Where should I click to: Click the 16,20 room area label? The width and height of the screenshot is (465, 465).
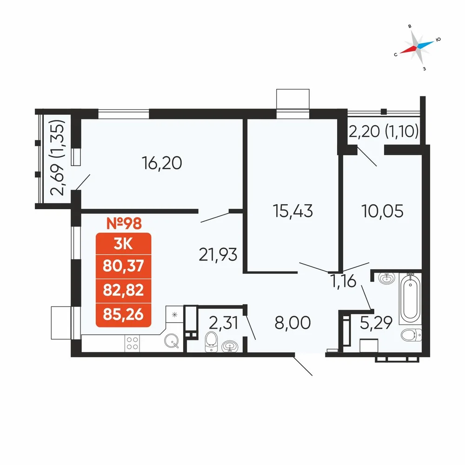pyautogui.click(x=162, y=163)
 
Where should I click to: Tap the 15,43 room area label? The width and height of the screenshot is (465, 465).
pyautogui.click(x=292, y=211)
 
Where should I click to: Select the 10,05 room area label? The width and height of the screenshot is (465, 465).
pyautogui.click(x=382, y=211)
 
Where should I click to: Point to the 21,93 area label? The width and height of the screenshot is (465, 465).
pyautogui.click(x=218, y=255)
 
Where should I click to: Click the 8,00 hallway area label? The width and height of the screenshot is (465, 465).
pyautogui.click(x=292, y=323)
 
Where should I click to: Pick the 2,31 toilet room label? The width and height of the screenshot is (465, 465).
pyautogui.click(x=223, y=323)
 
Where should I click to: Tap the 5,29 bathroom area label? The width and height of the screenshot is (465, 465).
pyautogui.click(x=376, y=323)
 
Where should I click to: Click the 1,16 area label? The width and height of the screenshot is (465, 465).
pyautogui.click(x=344, y=281)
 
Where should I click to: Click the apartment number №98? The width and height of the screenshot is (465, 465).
pyautogui.click(x=124, y=223)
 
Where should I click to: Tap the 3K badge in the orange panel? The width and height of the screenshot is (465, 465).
pyautogui.click(x=123, y=245)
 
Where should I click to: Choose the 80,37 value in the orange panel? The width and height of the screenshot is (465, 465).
pyautogui.click(x=123, y=266)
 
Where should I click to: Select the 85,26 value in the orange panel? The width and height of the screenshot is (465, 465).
pyautogui.click(x=123, y=314)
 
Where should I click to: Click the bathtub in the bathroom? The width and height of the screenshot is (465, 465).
pyautogui.click(x=410, y=299)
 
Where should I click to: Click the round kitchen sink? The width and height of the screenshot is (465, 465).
pyautogui.click(x=172, y=341)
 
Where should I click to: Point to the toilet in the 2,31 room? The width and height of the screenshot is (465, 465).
pyautogui.click(x=211, y=342)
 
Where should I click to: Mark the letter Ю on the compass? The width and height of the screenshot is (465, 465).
pyautogui.click(x=438, y=40)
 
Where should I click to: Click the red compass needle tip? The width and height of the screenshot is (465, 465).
pyautogui.click(x=400, y=53)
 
